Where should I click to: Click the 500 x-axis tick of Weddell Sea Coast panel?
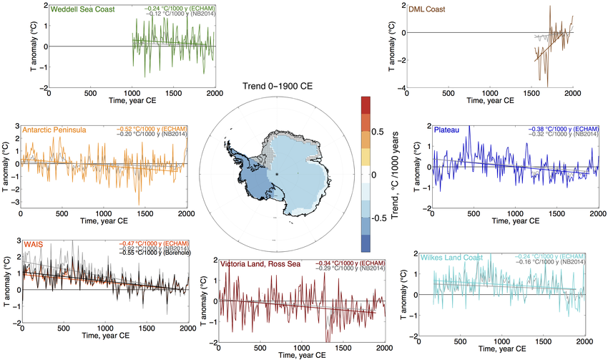[x=91, y=93]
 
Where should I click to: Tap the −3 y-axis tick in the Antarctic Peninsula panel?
[x=14, y=203]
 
